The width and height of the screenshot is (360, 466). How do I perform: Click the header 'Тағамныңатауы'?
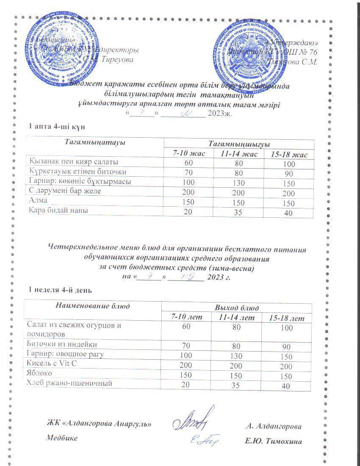(x=94, y=143)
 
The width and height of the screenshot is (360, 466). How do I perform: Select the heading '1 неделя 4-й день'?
(x=59, y=290)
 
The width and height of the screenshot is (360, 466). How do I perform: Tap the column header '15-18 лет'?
(x=287, y=318)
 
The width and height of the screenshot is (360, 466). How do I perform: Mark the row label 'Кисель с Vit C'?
(x=50, y=364)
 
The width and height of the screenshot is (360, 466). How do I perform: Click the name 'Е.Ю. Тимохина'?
(x=273, y=441)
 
